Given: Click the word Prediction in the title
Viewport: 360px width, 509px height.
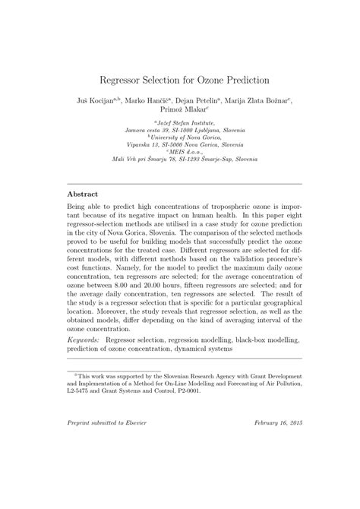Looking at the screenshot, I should click(x=242, y=79).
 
